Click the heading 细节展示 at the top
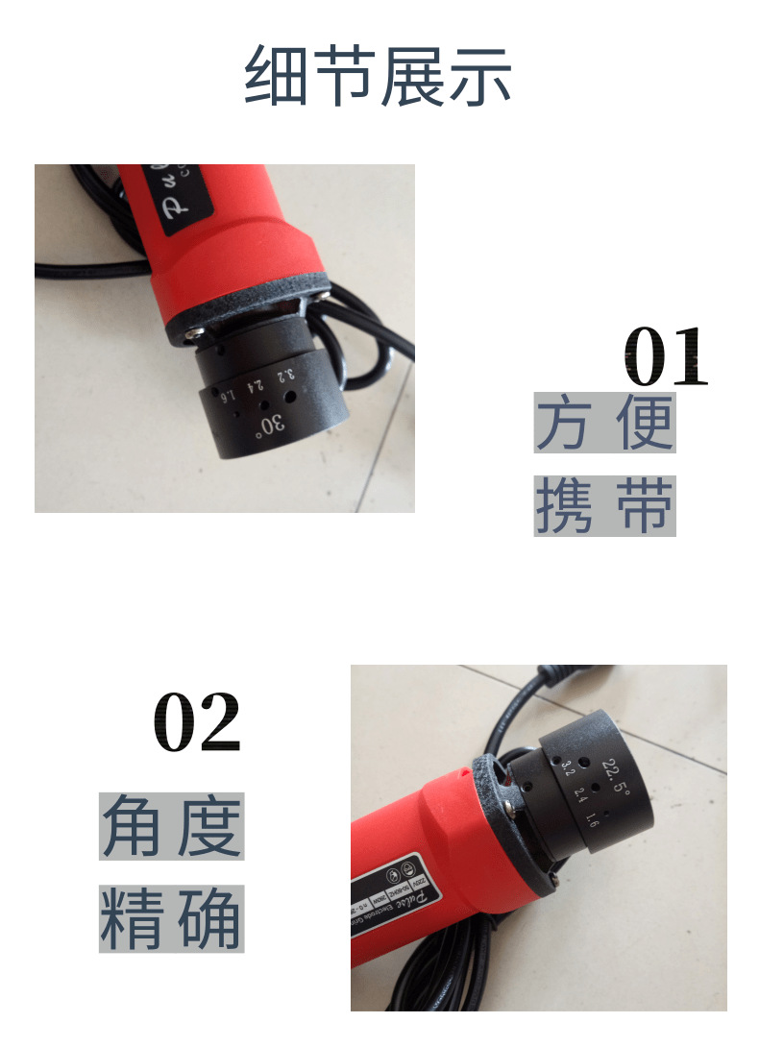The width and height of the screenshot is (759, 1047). point(379,76)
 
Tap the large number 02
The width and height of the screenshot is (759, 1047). point(197,722)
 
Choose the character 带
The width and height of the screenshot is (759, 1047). point(645,506)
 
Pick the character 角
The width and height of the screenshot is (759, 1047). point(131,827)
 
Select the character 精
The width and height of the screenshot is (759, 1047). point(131,919)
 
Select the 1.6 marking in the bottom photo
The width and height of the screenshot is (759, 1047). point(593,819)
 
